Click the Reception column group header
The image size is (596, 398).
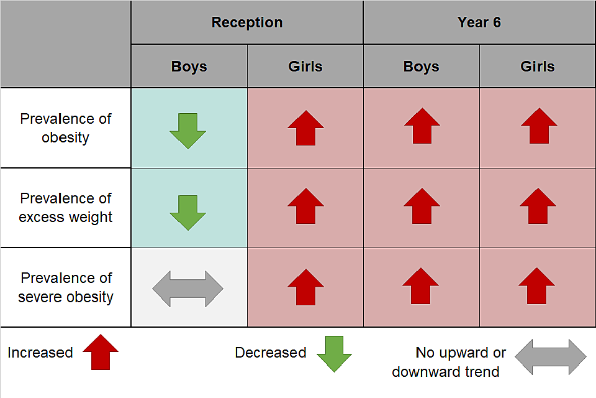[247, 22]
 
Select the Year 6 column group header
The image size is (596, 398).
[479, 22]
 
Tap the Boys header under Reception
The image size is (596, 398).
[189, 67]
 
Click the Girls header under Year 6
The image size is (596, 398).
[537, 67]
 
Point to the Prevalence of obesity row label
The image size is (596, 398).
[65, 128]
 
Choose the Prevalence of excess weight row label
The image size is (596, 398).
[65, 208]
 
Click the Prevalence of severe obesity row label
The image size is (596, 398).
[65, 287]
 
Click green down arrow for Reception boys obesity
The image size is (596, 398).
[187, 131]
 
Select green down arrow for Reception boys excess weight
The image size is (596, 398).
[187, 212]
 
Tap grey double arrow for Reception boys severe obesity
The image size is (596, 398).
[187, 289]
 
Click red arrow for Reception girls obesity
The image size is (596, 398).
[305, 127]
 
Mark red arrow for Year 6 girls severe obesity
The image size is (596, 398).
[537, 286]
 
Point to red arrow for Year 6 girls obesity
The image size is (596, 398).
[538, 126]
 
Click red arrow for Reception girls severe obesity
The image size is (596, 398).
[305, 287]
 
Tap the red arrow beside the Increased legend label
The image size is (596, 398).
[100, 353]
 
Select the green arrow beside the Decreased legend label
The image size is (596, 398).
[334, 354]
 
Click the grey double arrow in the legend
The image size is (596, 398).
[550, 357]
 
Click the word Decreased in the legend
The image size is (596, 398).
[270, 353]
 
